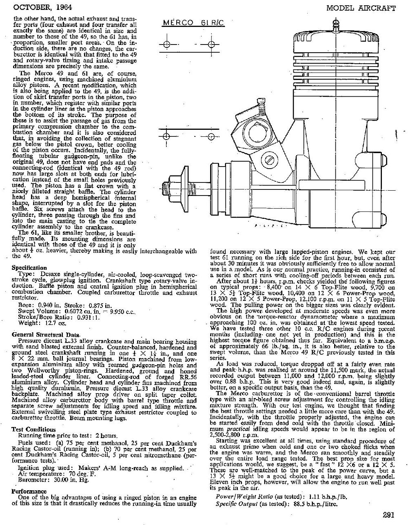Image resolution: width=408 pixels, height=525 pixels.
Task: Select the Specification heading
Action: (29, 267)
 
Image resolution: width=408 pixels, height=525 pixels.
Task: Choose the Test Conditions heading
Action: (34, 429)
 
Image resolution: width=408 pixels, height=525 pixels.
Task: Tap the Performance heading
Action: (29, 491)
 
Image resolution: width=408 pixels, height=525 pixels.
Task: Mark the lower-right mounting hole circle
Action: (211, 136)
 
